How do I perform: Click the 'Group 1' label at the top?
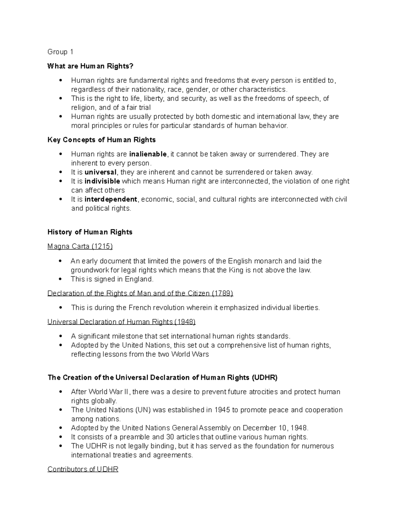[60, 52]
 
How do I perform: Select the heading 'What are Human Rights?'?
[91, 66]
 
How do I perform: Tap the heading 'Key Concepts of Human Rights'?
[101, 140]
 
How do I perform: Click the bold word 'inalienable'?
[148, 154]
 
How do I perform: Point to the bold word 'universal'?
[100, 172]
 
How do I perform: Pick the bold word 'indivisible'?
[102, 181]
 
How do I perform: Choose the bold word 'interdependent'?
[111, 199]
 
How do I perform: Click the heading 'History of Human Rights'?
[90, 232]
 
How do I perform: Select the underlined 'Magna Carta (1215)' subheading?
[80, 247]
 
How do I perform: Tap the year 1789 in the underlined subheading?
[222, 293]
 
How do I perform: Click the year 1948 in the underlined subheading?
[184, 322]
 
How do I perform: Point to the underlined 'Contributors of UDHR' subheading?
[83, 469]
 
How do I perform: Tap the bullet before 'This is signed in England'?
[61, 279]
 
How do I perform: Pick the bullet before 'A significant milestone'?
[61, 336]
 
